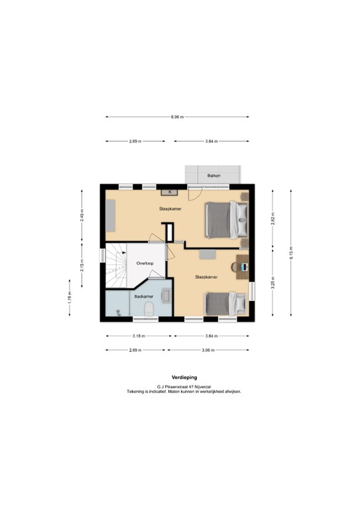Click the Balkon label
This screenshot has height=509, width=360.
213,176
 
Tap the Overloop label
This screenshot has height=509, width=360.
145,263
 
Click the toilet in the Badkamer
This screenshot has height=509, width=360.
150,308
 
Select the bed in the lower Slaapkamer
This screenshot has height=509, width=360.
224,305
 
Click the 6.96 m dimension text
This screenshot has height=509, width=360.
176,117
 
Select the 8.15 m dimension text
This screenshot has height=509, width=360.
290,253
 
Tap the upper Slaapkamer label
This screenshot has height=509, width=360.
170,209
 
